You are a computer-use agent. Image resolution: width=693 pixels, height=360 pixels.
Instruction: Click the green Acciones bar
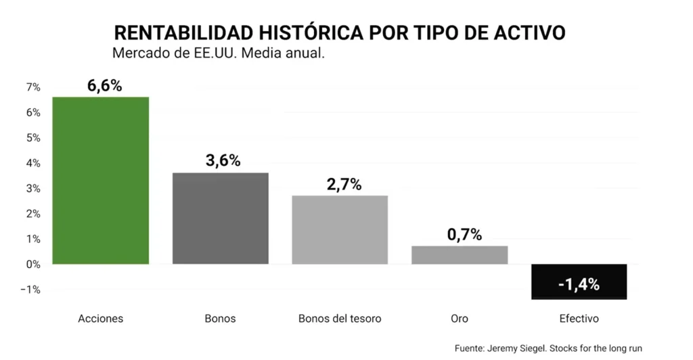101,181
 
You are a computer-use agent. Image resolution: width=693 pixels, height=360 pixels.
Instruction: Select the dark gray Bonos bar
221,218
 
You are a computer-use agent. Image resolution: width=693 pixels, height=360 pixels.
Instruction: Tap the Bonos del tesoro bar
340,229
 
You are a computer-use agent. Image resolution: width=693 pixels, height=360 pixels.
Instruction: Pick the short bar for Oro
460,255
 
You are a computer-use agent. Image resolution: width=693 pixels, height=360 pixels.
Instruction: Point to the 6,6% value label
104,86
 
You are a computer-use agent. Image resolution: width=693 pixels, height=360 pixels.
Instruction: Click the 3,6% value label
223,161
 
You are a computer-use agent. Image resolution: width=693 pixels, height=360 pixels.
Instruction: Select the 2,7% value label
344,184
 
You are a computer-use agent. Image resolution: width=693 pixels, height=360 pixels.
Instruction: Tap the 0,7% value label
464,235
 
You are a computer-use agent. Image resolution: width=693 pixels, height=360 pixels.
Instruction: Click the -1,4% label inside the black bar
579,285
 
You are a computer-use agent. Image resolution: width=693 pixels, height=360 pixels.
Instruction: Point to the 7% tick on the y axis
33,87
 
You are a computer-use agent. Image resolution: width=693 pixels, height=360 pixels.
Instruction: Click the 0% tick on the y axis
33,265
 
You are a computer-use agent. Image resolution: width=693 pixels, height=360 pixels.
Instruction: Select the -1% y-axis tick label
32,290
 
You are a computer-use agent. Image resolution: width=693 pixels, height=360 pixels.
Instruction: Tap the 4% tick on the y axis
33,163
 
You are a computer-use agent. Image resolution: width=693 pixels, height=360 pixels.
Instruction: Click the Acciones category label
101,318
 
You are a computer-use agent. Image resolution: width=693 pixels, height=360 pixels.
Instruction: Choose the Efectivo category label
579,318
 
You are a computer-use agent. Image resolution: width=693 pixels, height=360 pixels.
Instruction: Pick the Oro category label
460,318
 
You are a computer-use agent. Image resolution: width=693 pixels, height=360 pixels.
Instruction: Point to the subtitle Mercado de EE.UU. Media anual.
219,53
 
